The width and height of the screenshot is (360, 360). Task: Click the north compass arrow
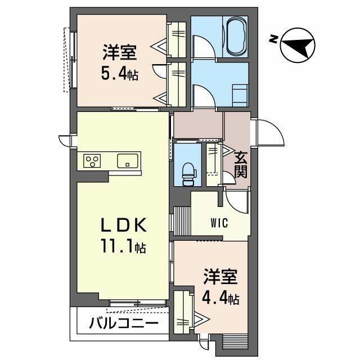click(x=297, y=46)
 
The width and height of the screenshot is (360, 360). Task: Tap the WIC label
click(x=219, y=222)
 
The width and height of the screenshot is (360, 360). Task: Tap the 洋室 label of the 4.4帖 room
click(x=220, y=277)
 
